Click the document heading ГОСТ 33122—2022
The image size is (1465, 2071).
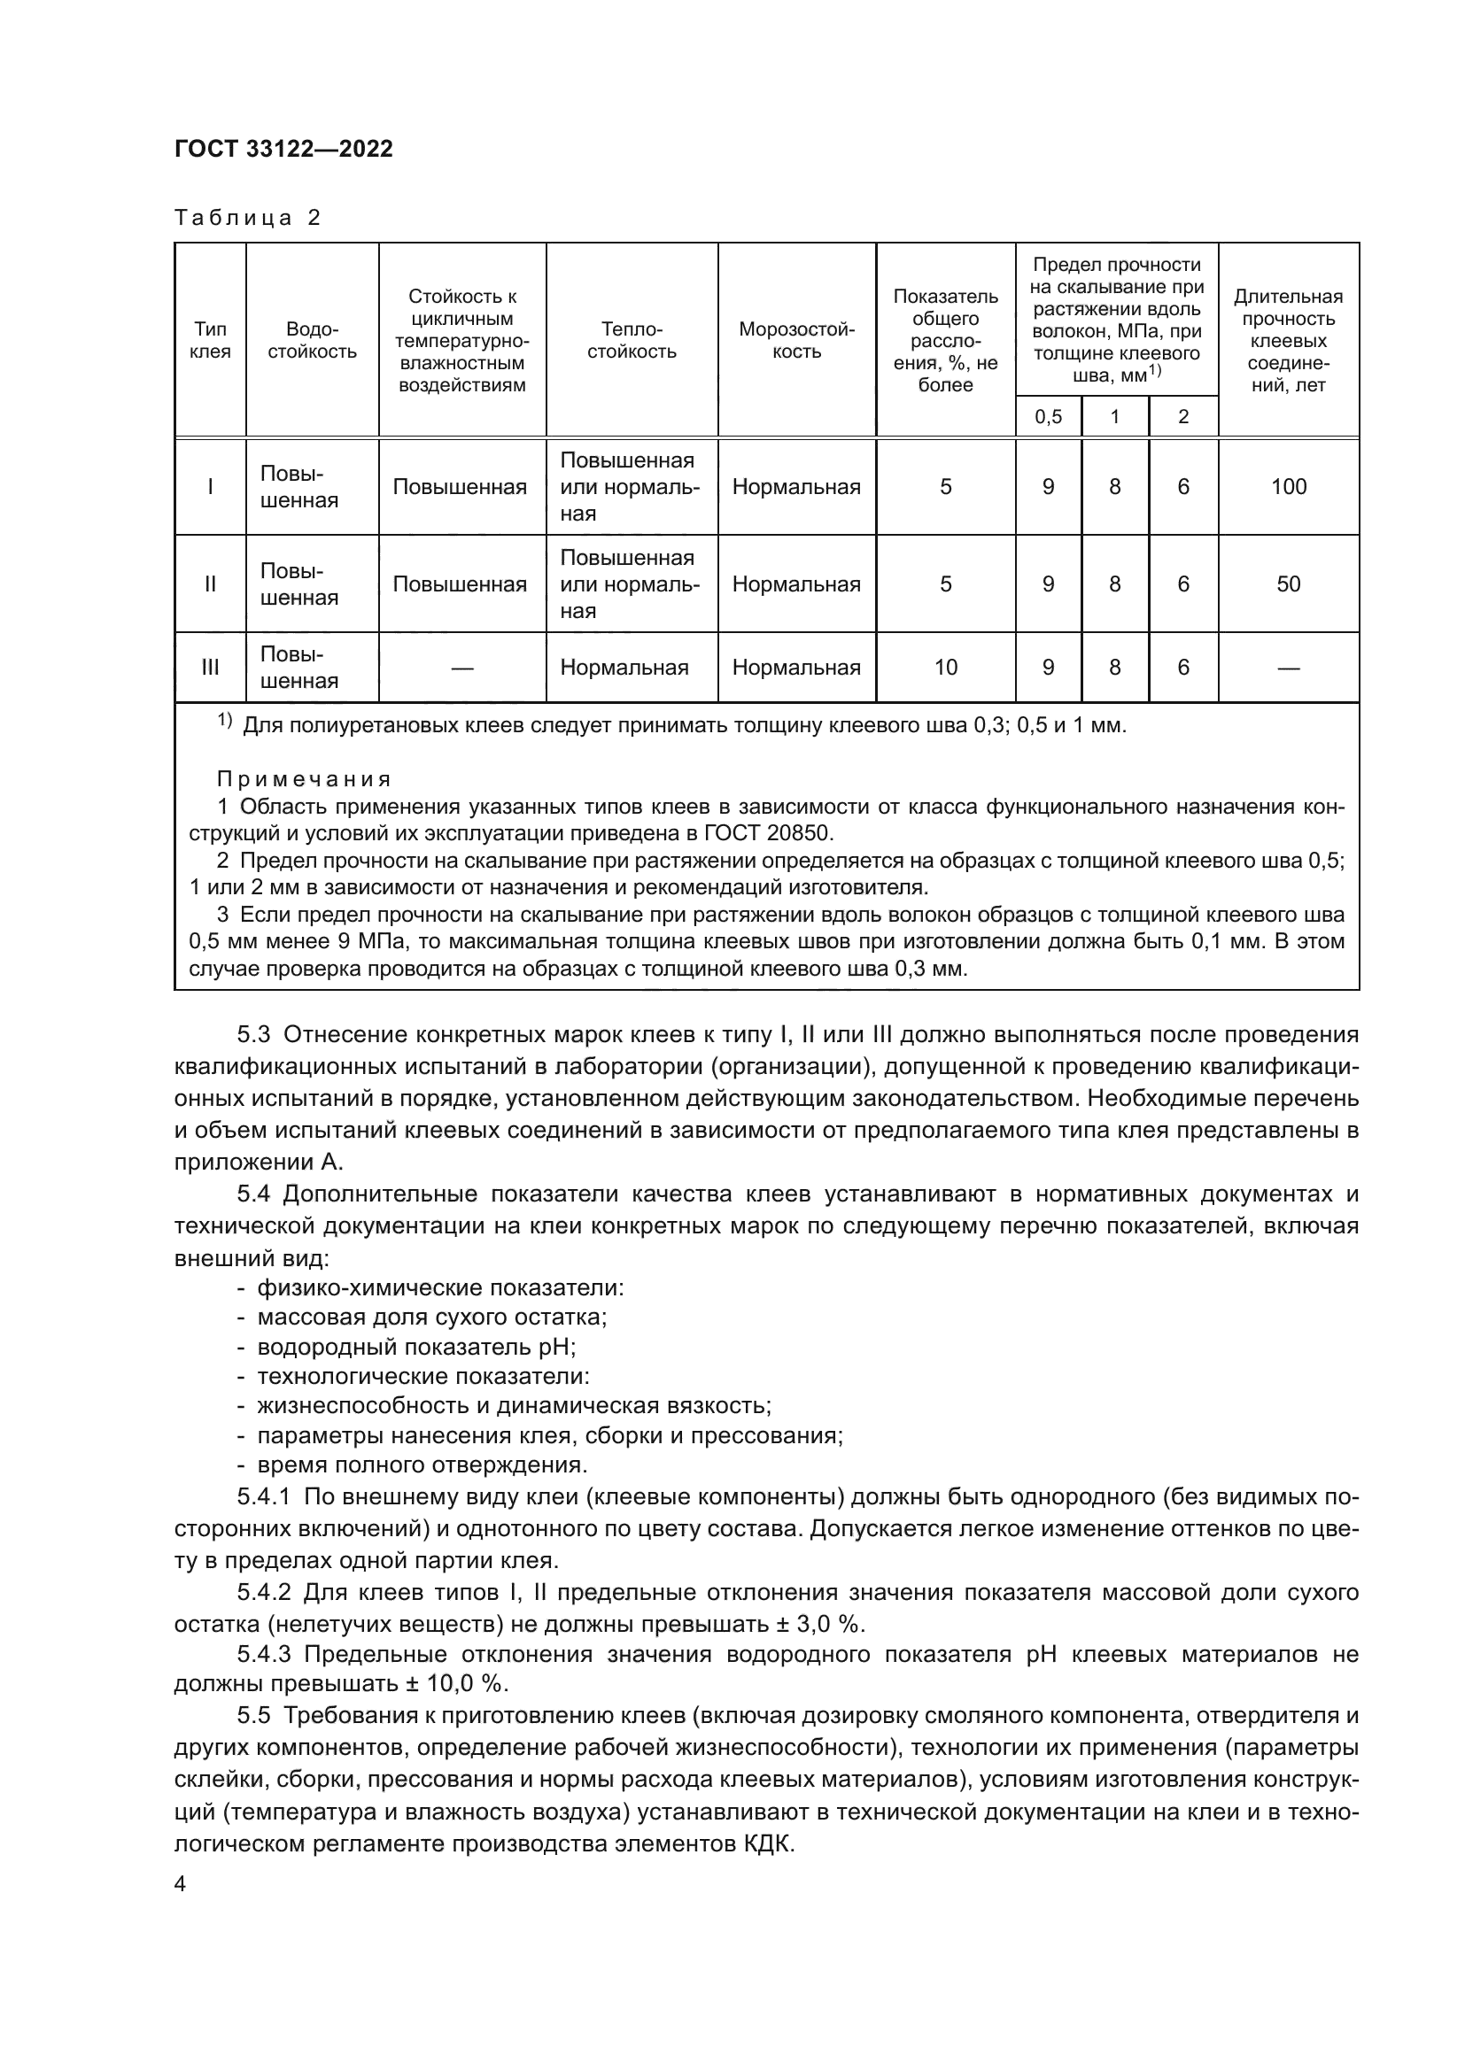[283, 149]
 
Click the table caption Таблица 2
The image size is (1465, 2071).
[248, 218]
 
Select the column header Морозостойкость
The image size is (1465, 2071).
[795, 340]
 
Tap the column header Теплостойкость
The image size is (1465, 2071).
[632, 340]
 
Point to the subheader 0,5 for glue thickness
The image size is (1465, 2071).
[1047, 417]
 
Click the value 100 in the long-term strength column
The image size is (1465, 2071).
[1288, 487]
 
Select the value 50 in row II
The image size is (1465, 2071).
[1288, 583]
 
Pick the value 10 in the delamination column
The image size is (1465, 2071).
[945, 668]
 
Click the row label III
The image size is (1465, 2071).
[210, 668]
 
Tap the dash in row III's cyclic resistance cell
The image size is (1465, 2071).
[461, 668]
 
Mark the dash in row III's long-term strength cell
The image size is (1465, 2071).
[1288, 668]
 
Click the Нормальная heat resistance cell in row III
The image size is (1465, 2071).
[624, 668]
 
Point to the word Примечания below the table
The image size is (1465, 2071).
[304, 779]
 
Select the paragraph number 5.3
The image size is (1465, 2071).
[255, 1033]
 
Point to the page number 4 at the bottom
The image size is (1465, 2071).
[180, 1884]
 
